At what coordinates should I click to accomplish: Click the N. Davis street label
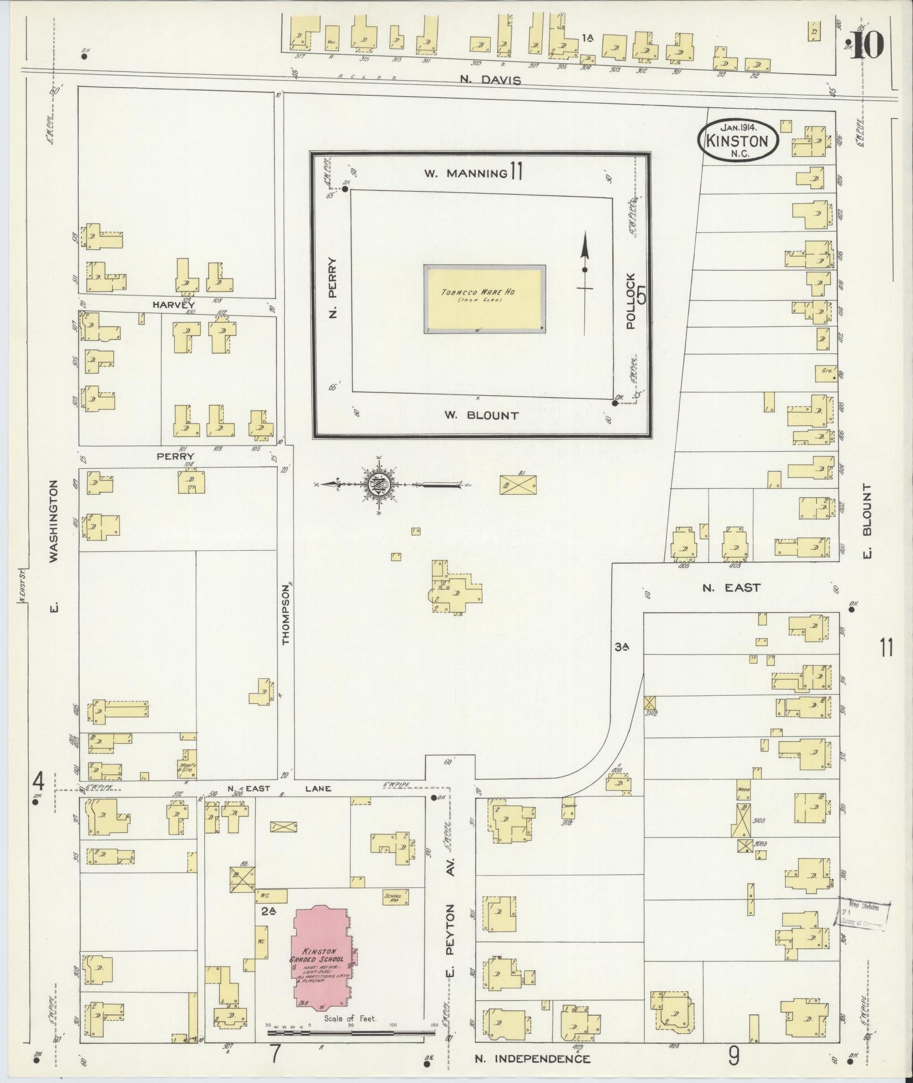click(490, 80)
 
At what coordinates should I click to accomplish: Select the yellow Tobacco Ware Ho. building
click(485, 299)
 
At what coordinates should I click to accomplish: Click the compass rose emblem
click(376, 485)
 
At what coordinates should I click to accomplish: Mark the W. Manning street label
click(465, 173)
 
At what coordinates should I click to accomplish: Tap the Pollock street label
click(631, 301)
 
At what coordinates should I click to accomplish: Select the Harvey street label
click(165, 305)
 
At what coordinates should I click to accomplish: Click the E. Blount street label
click(868, 520)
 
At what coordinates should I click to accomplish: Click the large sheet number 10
click(865, 45)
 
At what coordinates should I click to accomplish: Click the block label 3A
click(622, 646)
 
